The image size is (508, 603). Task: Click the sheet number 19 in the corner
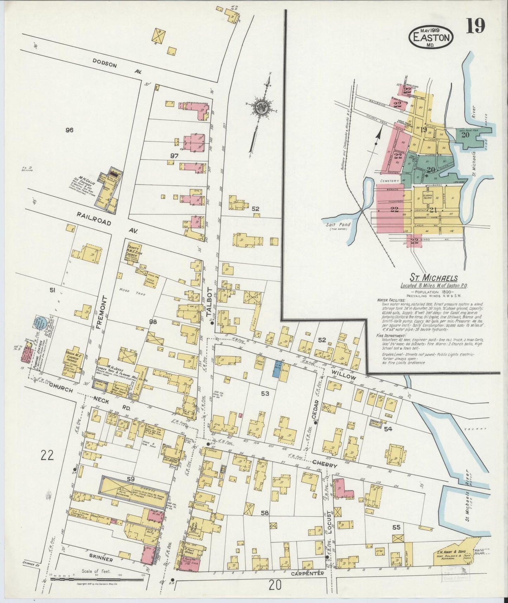[476, 26]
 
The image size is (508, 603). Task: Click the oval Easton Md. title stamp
[431, 37]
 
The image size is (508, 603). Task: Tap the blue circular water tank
[39, 323]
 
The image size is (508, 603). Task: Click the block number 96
[69, 130]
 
